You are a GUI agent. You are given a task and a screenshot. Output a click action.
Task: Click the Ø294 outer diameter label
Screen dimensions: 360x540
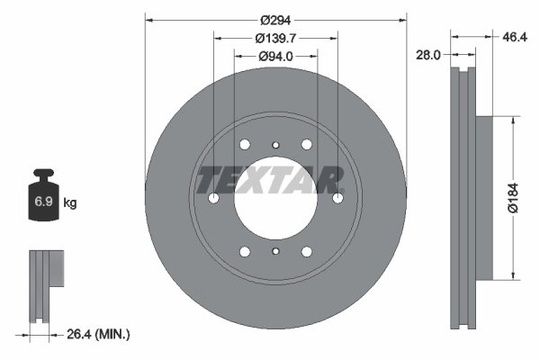tap(275, 20)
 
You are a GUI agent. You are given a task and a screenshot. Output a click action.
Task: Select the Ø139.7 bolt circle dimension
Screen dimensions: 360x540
tap(275, 38)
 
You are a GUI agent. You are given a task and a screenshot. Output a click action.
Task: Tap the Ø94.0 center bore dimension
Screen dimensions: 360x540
tap(275, 57)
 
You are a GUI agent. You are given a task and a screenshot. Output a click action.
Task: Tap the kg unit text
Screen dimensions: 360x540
tap(70, 203)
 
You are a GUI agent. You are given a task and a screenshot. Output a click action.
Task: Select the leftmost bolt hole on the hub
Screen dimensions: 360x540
tap(213, 198)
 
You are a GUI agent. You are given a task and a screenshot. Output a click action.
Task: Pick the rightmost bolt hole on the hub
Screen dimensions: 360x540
tap(338, 198)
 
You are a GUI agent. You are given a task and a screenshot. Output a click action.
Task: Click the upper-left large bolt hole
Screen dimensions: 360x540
tap(245, 145)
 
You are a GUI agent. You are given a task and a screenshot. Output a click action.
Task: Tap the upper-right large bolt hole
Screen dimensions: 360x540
tap(307, 145)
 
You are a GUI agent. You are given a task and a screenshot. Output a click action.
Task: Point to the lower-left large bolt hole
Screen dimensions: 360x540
tap(245, 252)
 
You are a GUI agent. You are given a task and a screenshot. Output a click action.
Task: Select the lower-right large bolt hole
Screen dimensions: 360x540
tap(307, 252)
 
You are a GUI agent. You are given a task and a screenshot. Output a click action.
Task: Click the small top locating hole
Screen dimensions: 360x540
tap(275, 143)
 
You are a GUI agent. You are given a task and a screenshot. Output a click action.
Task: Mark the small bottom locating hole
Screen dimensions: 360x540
tap(275, 253)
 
